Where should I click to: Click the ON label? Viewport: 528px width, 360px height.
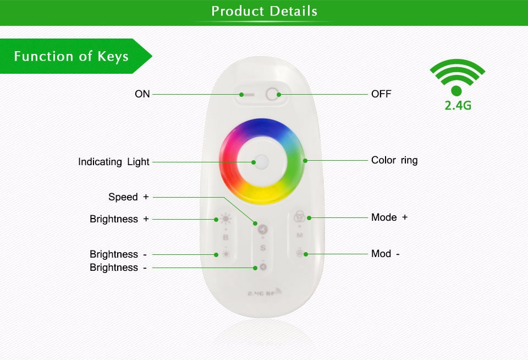pos(142,94)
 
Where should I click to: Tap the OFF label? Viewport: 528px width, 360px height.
pos(381,94)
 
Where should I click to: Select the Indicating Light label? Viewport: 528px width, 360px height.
pos(113,162)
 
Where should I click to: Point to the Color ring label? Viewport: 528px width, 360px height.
pos(394,160)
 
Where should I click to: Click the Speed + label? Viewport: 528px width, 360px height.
pos(128,197)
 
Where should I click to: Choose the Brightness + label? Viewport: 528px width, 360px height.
pos(119,219)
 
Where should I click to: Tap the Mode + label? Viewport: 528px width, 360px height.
pos(389,217)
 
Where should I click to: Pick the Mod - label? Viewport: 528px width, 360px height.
pos(385,253)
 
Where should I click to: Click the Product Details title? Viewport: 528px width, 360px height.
pos(265,11)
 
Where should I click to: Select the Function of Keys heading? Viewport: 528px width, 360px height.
pos(71,56)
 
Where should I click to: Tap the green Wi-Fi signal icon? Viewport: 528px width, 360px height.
pos(457,77)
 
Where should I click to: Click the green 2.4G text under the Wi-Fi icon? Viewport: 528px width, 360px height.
pos(458,106)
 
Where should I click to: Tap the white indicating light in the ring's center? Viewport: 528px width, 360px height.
pos(262,162)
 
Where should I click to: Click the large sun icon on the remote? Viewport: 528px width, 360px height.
pos(226,219)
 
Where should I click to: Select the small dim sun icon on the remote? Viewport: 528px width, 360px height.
pos(226,254)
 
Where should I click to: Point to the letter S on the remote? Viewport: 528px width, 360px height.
pos(263,248)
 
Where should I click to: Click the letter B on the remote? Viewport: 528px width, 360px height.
pos(226,238)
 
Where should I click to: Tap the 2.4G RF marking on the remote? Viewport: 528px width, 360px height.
pos(265,292)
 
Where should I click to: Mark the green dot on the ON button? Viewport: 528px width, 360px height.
pos(241,95)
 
